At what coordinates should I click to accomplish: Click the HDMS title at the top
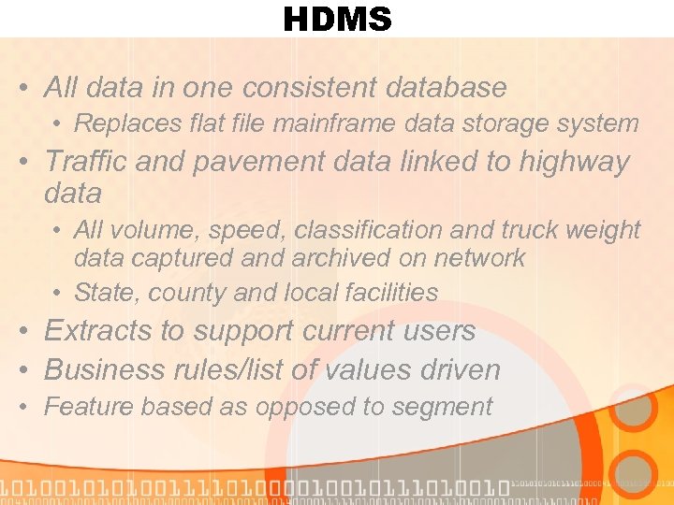(337, 19)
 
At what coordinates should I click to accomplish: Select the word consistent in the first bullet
(309, 88)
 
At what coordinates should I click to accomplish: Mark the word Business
(104, 369)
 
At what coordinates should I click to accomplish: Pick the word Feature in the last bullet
(81, 407)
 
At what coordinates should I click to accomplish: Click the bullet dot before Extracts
(24, 332)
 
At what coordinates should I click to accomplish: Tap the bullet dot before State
(58, 294)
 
